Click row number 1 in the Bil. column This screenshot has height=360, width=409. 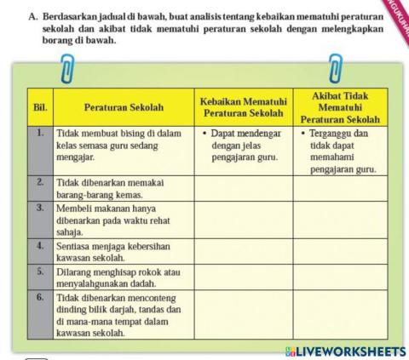[x=40, y=134]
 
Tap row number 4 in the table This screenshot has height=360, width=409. [x=40, y=244]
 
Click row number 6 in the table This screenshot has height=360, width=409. [x=40, y=299]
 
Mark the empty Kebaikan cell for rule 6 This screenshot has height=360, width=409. [x=244, y=317]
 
